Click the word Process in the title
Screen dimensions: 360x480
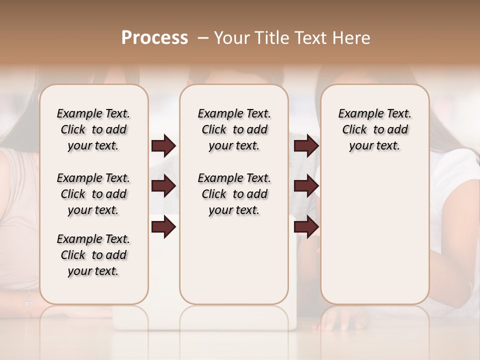(x=154, y=38)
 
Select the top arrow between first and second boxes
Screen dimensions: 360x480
(x=163, y=146)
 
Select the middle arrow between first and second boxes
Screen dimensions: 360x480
(x=163, y=186)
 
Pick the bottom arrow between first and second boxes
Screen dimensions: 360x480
(x=163, y=227)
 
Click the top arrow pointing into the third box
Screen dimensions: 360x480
(x=306, y=146)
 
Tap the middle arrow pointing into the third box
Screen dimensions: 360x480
(x=306, y=186)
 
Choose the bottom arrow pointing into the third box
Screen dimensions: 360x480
(x=306, y=227)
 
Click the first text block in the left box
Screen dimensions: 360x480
(x=93, y=129)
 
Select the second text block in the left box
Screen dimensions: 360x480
(x=93, y=194)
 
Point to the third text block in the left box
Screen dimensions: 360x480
(x=93, y=255)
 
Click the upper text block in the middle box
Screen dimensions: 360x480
(x=234, y=129)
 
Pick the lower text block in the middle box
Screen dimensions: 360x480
(x=234, y=194)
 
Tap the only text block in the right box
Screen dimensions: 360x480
(x=374, y=129)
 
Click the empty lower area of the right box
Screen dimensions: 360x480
(x=374, y=240)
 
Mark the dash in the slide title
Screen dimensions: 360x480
(x=203, y=38)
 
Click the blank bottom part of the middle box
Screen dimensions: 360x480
(x=234, y=265)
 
